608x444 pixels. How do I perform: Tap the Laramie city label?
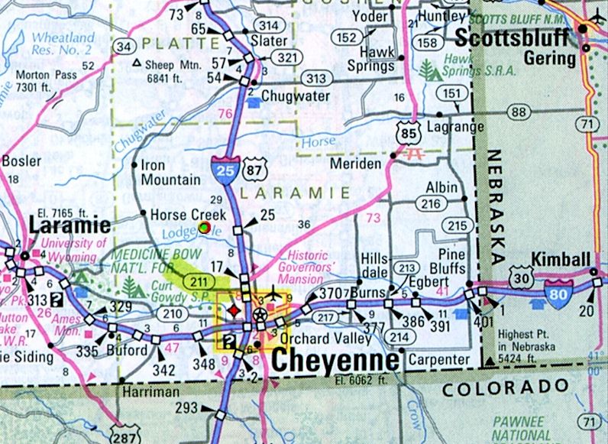click(x=70, y=225)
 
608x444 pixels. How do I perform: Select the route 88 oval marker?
click(x=520, y=112)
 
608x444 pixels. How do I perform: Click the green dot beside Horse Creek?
click(x=204, y=227)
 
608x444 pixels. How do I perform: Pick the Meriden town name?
click(x=355, y=164)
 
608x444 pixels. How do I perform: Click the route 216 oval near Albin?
click(x=432, y=203)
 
